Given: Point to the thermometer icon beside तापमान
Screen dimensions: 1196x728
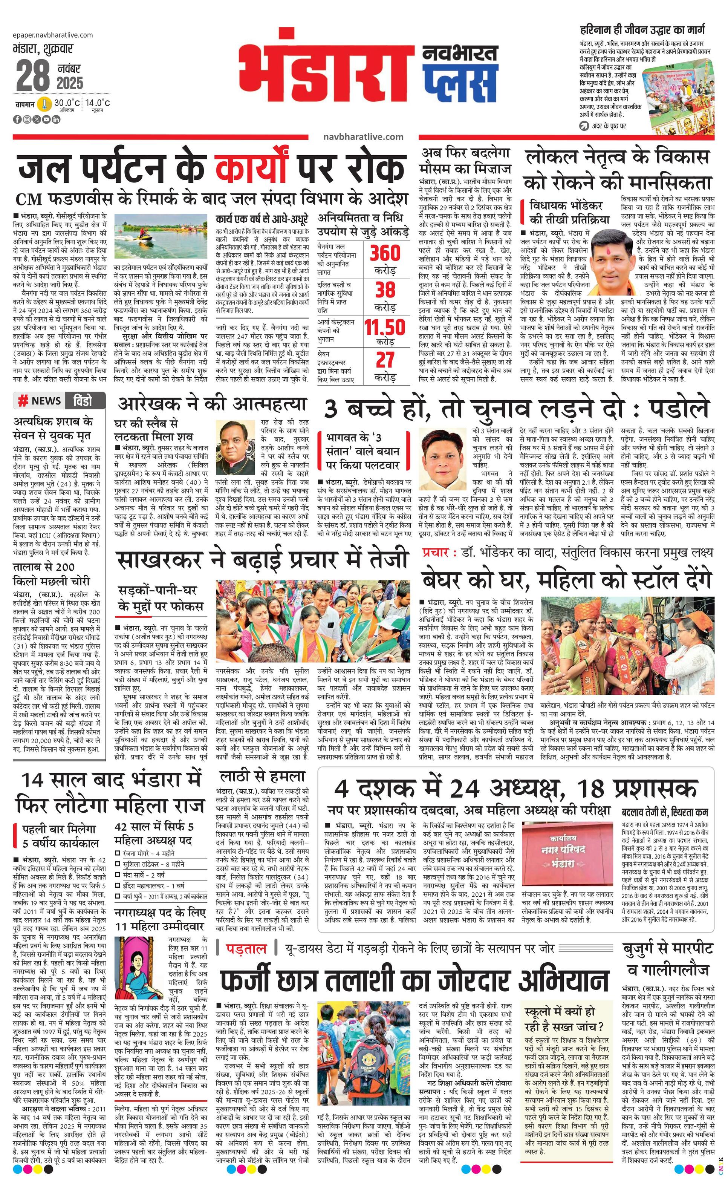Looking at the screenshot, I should [x=44, y=104].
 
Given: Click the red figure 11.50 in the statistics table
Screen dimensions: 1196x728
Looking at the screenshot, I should [x=385, y=327].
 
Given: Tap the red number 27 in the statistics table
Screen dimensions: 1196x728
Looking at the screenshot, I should [x=385, y=360].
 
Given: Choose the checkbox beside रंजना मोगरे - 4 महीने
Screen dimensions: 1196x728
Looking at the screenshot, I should [x=118, y=853].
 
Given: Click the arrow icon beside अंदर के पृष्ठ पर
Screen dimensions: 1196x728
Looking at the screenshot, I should [x=584, y=126].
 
